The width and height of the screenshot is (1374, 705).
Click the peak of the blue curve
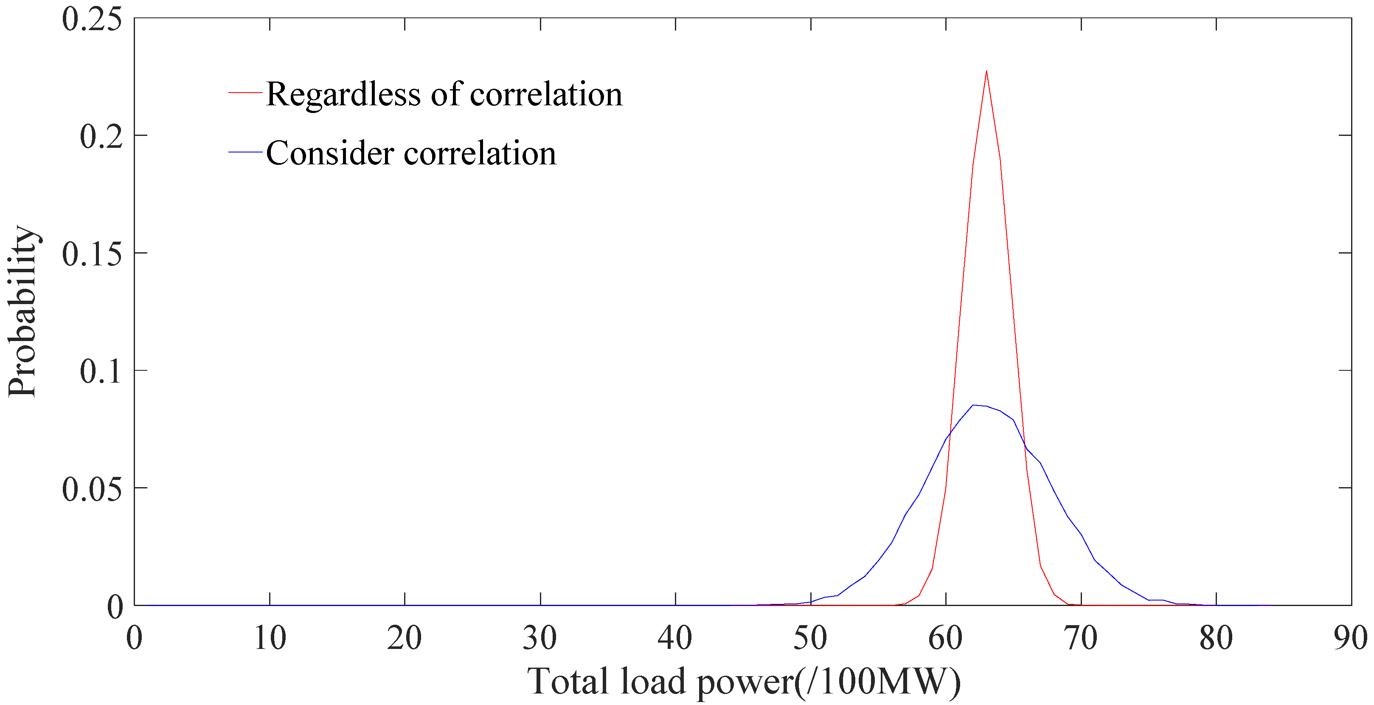(973, 405)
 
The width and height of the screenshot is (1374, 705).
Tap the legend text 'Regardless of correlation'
(444, 94)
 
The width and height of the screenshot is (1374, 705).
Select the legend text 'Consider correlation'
(411, 153)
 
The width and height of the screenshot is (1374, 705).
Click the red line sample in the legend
(245, 93)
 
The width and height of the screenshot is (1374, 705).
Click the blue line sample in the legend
(245, 152)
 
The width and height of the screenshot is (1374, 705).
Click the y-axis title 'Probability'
(22, 312)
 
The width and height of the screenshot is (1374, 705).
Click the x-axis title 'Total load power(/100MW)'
(744, 682)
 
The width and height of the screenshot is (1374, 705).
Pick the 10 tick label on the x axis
(270, 638)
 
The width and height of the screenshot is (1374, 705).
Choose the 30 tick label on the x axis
(540, 638)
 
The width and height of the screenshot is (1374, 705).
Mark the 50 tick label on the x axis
(810, 638)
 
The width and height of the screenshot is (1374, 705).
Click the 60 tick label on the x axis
(946, 638)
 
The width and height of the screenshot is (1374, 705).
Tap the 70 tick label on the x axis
(1081, 638)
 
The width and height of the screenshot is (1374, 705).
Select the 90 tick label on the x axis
(1351, 638)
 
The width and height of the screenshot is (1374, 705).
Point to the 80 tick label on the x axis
(1216, 638)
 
